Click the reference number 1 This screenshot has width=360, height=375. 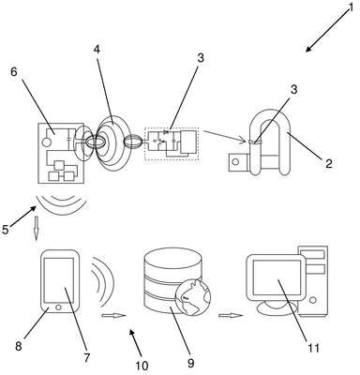pyautogui.click(x=351, y=7)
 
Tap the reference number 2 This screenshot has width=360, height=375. pyautogui.click(x=328, y=163)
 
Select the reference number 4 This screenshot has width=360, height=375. pyautogui.click(x=97, y=50)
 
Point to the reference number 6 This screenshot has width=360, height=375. pyautogui.click(x=14, y=71)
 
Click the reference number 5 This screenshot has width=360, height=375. pyautogui.click(x=6, y=230)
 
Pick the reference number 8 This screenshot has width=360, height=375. pyautogui.click(x=19, y=346)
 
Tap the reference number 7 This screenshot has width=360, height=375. pyautogui.click(x=86, y=357)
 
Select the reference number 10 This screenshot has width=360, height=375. pyautogui.click(x=142, y=366)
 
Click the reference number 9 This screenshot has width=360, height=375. pyautogui.click(x=191, y=363)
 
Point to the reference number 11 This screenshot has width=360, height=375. pyautogui.click(x=313, y=348)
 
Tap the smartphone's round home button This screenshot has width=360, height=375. pyautogui.click(x=58, y=307)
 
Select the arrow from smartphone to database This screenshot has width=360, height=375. pyautogui.click(x=113, y=316)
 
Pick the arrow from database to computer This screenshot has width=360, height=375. pyautogui.click(x=231, y=316)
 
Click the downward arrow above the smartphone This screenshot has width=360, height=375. pyautogui.click(x=37, y=229)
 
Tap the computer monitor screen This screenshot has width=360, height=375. pyautogui.click(x=277, y=277)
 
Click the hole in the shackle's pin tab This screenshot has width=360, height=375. pyautogui.click(x=236, y=162)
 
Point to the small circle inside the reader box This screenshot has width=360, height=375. pyautogui.click(x=46, y=142)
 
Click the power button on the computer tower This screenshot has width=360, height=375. pyautogui.click(x=313, y=300)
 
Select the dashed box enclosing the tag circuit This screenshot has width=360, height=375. pyautogui.click(x=172, y=144)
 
